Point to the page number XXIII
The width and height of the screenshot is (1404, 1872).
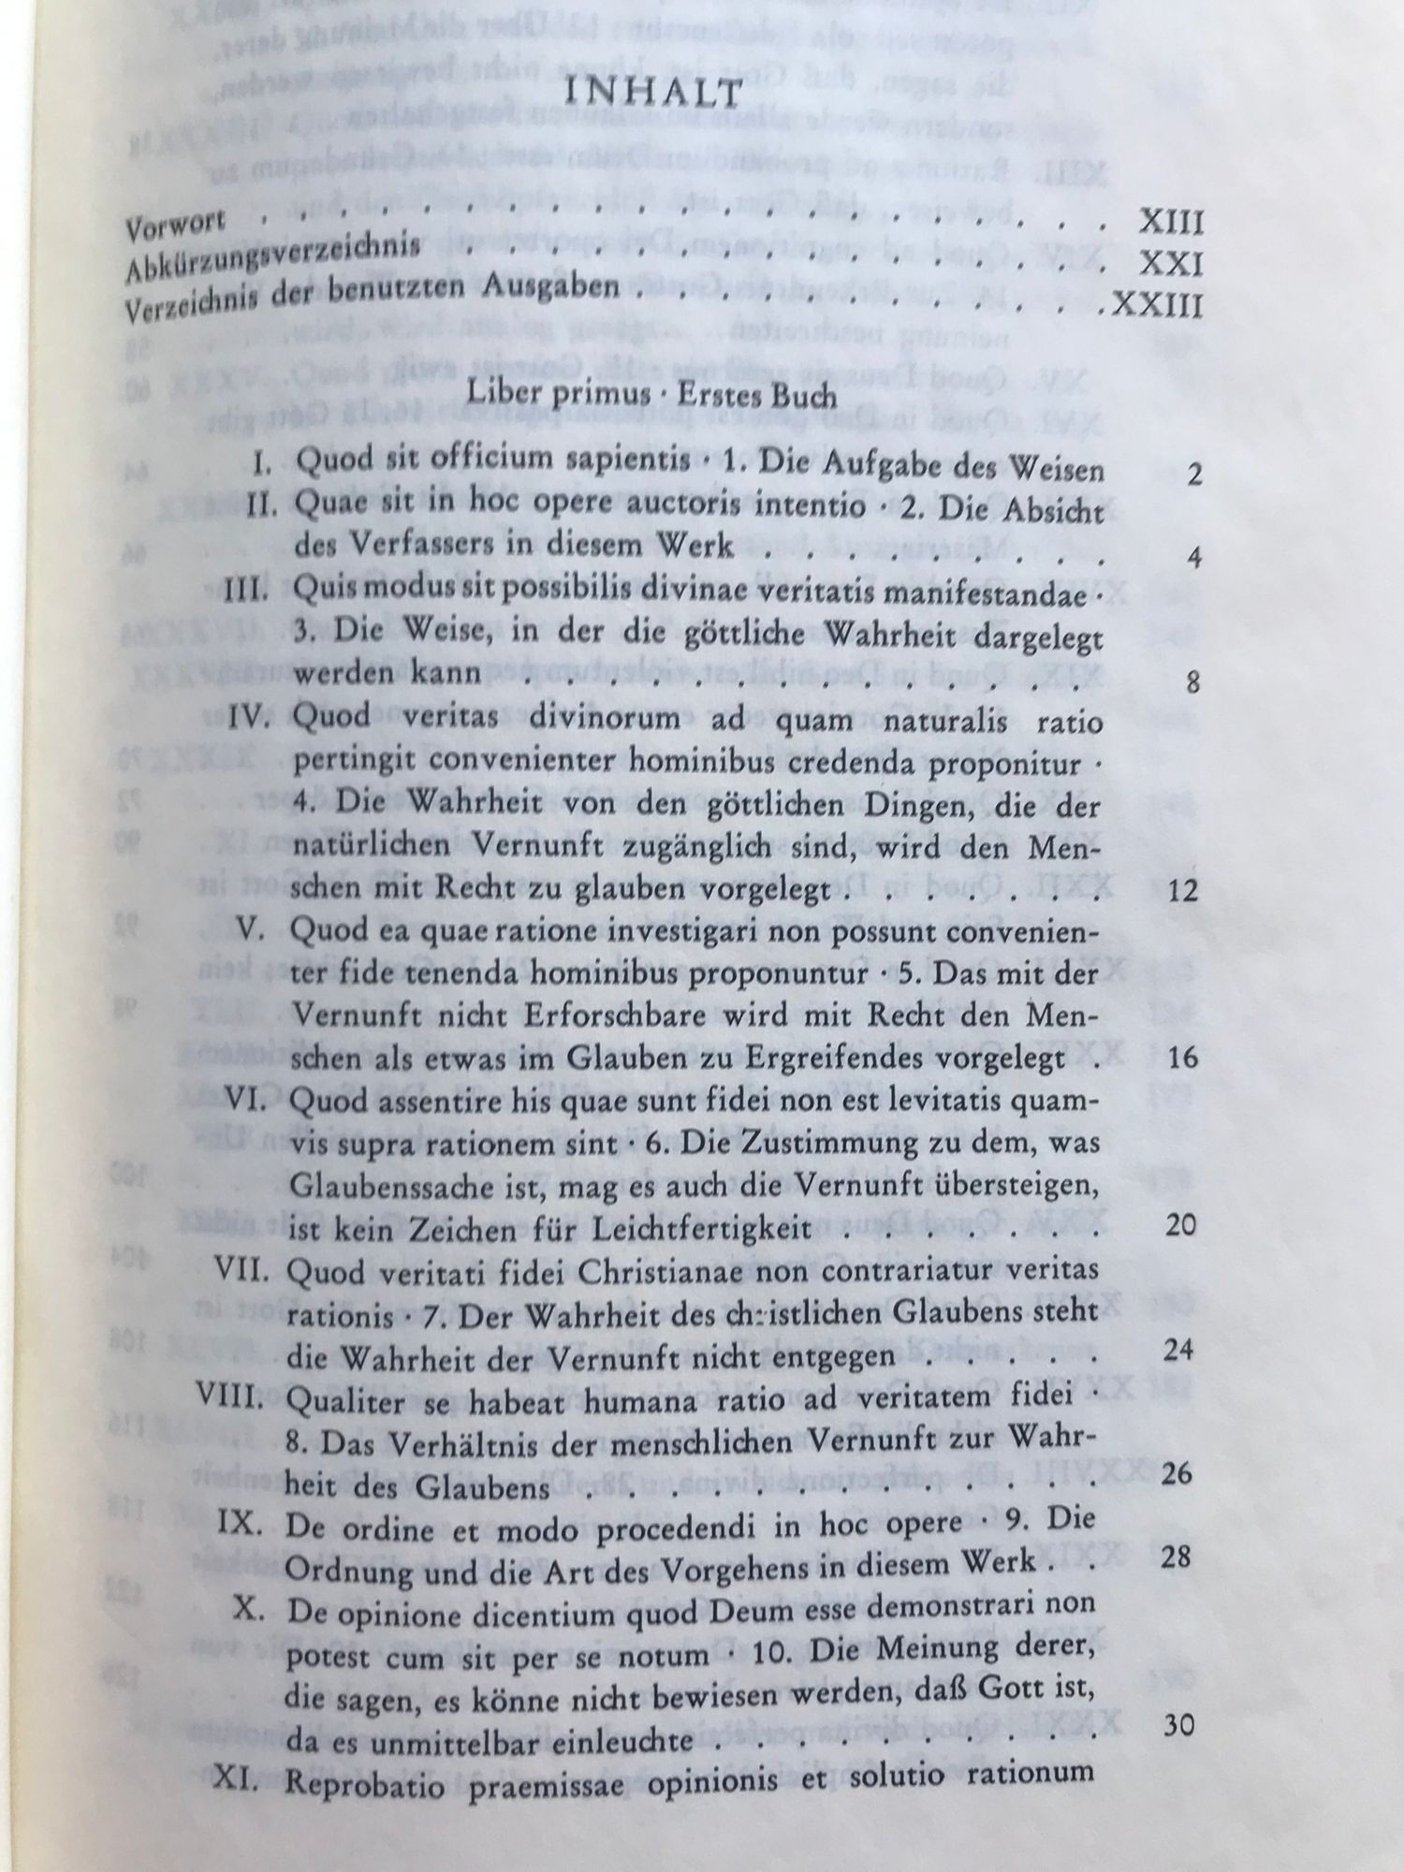pyautogui.click(x=1157, y=306)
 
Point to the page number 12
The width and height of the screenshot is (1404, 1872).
pyautogui.click(x=1183, y=890)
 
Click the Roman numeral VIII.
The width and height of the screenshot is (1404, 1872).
pyautogui.click(x=237, y=1395)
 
